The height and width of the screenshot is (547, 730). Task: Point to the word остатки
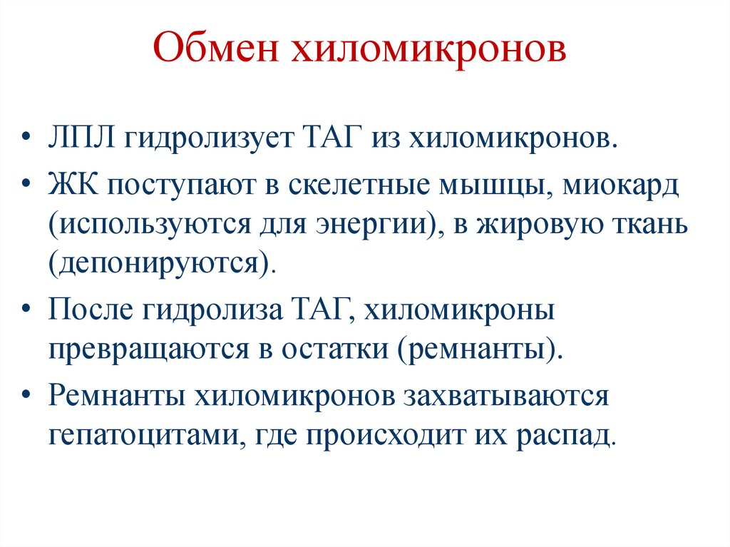tap(336, 351)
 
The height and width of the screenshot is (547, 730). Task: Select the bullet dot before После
tap(27, 312)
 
